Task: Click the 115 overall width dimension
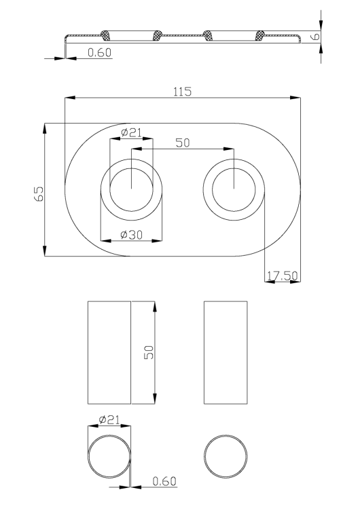click(x=182, y=92)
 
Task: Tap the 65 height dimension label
click(x=39, y=193)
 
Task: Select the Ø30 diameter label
click(x=131, y=235)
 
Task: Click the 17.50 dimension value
click(x=282, y=276)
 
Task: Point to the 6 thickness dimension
click(x=315, y=37)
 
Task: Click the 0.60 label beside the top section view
click(x=99, y=52)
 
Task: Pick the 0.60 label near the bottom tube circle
click(x=164, y=481)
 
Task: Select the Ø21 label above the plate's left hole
click(x=131, y=132)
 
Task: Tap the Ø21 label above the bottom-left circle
click(x=109, y=419)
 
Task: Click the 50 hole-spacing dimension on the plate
click(x=182, y=143)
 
